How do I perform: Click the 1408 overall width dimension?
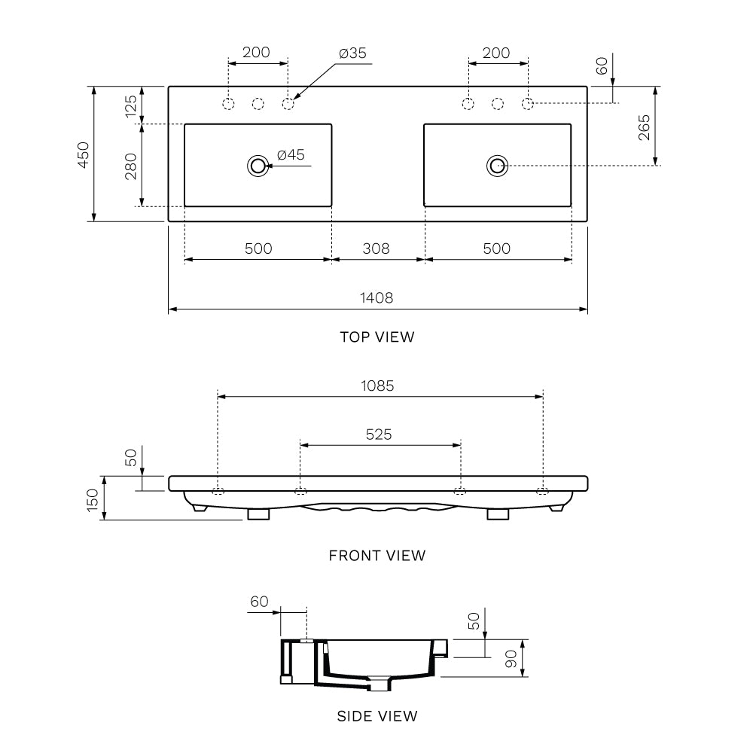[376, 297]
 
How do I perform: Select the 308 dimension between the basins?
[376, 248]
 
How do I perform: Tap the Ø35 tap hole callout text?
[352, 53]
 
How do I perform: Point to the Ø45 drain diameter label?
[291, 155]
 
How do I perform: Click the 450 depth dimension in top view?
[83, 154]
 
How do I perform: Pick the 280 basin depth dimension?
[130, 165]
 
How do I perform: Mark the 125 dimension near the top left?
[130, 105]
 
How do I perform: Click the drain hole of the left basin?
[258, 166]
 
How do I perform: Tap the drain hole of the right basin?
[497, 166]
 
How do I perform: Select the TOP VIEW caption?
[376, 337]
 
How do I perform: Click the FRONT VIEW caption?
[376, 556]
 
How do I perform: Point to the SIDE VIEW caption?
[376, 716]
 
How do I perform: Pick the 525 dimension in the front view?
[379, 434]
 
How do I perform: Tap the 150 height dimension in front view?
[93, 500]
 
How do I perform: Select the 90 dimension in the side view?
[511, 660]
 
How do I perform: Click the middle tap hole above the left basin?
[258, 103]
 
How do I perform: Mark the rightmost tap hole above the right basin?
[528, 103]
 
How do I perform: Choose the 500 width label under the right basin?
[496, 248]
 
